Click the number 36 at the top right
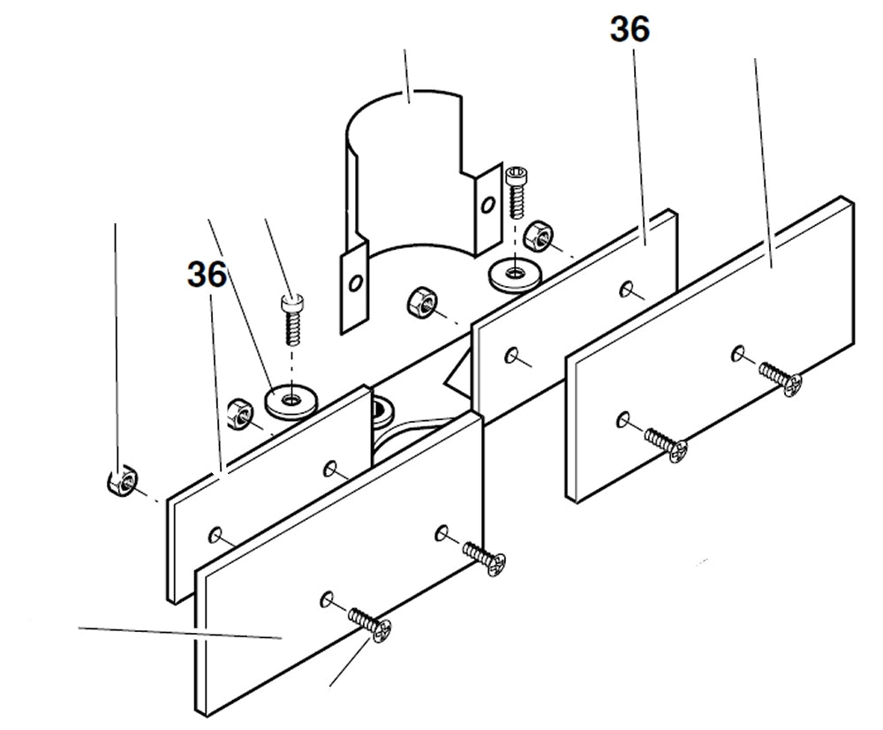tap(630, 30)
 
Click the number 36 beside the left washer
tap(206, 275)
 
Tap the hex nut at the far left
tap(119, 481)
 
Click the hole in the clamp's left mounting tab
tap(353, 284)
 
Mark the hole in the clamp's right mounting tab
tap(486, 206)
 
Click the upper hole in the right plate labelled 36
tap(625, 287)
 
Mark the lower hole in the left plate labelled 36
tap(215, 533)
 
